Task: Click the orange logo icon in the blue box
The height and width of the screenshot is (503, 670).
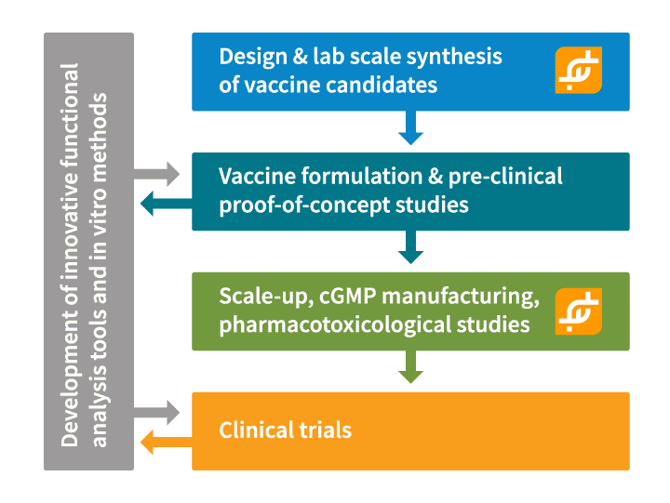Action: (x=579, y=70)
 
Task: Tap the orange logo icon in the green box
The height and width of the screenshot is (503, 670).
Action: (x=579, y=311)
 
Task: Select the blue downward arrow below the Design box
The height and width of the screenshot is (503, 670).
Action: (x=410, y=127)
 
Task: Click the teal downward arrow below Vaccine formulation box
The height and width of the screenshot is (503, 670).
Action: (x=410, y=246)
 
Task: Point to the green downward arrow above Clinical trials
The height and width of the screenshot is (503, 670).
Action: (x=410, y=366)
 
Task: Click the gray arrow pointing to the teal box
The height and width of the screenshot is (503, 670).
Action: (x=157, y=174)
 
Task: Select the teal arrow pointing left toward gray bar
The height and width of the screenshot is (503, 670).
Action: (x=167, y=204)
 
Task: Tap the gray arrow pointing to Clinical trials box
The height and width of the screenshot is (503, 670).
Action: (x=157, y=413)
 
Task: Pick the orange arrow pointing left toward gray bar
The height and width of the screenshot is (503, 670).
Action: (x=167, y=442)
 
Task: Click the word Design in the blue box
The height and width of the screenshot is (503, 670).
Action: (x=253, y=58)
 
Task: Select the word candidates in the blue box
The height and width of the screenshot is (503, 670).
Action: (x=382, y=85)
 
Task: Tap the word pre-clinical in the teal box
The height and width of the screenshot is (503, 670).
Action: (x=505, y=177)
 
